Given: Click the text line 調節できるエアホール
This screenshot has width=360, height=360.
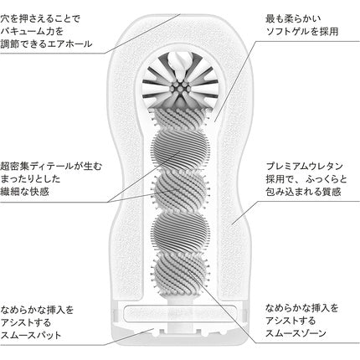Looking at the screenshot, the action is click(46, 44).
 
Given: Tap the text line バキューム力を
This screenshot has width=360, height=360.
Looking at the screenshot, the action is click(32, 31).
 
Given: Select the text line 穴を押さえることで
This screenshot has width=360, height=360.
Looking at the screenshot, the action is click(40, 19).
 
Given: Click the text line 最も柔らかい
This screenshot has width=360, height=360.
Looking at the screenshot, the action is click(293, 19).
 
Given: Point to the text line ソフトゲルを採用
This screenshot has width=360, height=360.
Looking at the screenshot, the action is click(302, 32).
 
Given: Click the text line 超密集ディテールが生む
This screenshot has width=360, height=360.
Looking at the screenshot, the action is click(51, 167).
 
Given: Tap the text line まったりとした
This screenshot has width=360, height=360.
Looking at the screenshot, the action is click(30, 179).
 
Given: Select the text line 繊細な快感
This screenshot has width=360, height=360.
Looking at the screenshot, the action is click(25, 192).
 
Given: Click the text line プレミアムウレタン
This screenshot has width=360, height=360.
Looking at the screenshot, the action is click(304, 167).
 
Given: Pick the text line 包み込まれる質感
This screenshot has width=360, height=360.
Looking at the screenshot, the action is click(303, 192).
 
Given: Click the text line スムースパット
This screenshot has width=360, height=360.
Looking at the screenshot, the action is click(31, 335).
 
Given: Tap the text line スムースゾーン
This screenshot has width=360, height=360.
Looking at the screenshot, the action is click(296, 333).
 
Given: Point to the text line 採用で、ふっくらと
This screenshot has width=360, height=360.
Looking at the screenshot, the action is click(306, 179).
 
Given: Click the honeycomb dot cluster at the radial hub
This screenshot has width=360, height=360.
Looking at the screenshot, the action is click(180, 88).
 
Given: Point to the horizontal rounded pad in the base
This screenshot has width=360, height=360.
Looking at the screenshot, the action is click(180, 312).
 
